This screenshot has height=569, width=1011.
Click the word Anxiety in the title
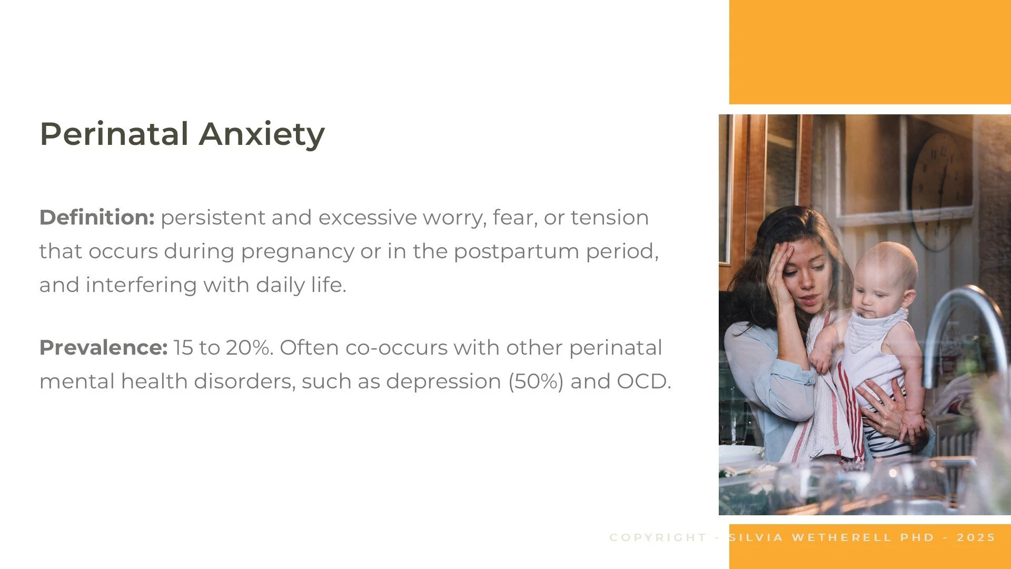(x=262, y=135)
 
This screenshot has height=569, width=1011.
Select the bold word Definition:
(x=97, y=218)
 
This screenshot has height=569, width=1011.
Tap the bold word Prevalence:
(x=104, y=348)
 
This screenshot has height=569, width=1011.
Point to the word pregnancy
(x=298, y=252)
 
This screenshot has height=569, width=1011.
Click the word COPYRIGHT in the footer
(x=658, y=537)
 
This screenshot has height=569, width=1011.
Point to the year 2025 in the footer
(x=976, y=537)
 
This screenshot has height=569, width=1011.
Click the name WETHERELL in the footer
(x=841, y=537)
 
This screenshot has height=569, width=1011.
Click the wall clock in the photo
(x=940, y=190)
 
